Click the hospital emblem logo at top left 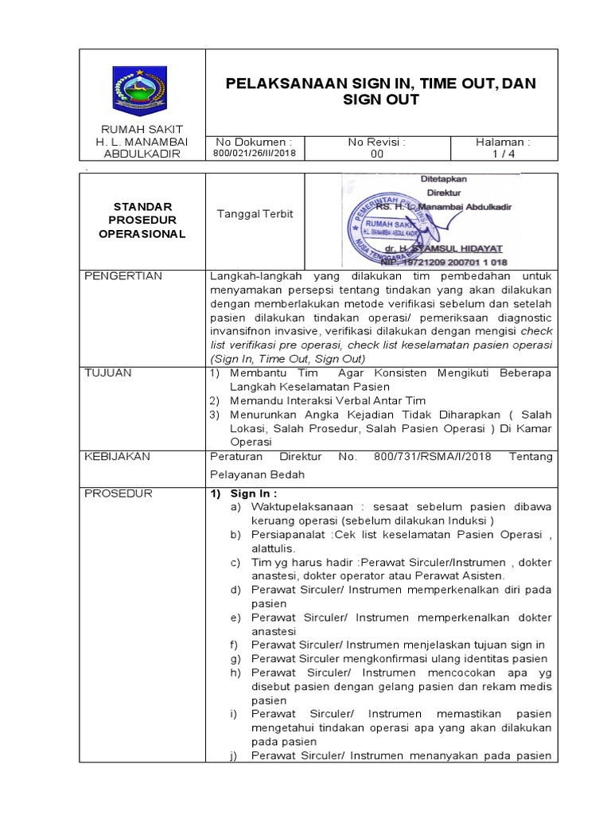coord(142,87)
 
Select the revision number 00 coord(376,154)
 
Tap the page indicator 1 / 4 coord(503,154)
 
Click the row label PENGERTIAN coord(123,276)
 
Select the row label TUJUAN coord(111,372)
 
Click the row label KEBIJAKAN coord(117,457)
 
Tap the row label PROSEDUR coord(118,493)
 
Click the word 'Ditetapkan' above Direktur coord(444,179)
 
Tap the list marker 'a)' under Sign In coord(236,506)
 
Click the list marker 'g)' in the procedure coord(236,659)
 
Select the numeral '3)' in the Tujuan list coord(212,415)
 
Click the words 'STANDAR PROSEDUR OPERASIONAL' coord(142,220)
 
